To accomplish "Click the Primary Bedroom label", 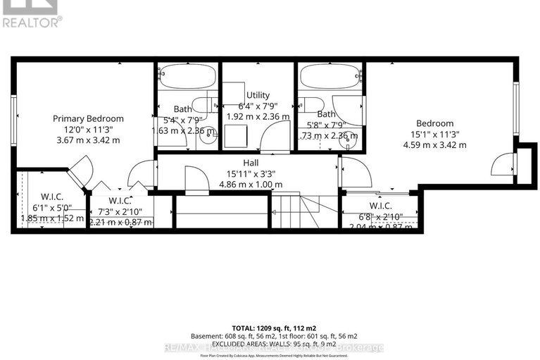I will tap(89, 118).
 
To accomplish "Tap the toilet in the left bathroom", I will tap(206, 106).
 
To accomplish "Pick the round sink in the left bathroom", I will tap(208, 137).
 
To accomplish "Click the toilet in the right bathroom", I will tap(308, 104).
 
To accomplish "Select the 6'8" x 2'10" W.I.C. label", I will tap(380, 216).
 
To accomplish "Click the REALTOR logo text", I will tap(32, 22).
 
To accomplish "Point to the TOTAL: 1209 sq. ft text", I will tap(270, 328).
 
